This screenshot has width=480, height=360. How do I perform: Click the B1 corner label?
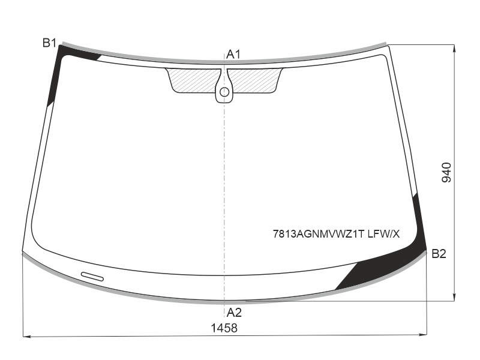coord(49,43)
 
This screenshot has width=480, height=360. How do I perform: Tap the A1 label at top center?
coord(233,55)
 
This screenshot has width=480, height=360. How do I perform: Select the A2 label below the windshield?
coord(234,313)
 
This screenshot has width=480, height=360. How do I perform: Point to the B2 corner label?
coord(439,254)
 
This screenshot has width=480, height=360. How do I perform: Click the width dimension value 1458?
coord(224,328)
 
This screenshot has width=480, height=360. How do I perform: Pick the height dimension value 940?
coord(446,173)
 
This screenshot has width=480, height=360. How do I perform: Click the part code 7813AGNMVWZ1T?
coord(319,234)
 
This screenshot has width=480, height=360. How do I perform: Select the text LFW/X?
coord(383,234)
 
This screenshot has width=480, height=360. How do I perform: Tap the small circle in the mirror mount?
coord(224,92)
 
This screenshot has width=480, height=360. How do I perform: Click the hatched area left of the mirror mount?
coord(193,80)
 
